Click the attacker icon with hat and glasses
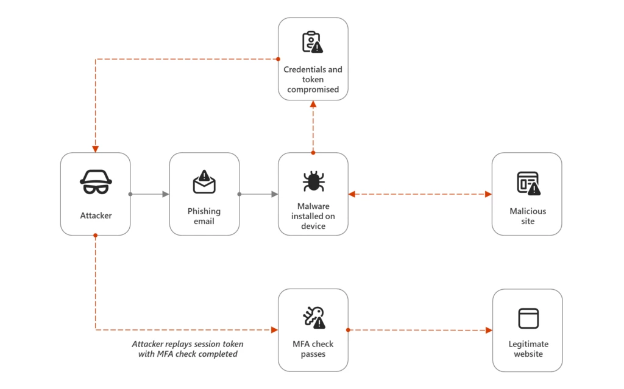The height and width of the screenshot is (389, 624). (x=96, y=181)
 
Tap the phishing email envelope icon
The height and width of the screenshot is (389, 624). (x=204, y=181)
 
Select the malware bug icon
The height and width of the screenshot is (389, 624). (x=313, y=181)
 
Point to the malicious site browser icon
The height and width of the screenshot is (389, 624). (x=528, y=183)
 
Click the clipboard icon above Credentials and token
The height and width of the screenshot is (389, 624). (x=313, y=42)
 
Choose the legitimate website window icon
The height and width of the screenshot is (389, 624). (x=528, y=318)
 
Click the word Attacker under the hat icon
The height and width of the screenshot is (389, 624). (x=96, y=216)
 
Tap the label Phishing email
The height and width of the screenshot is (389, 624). (x=204, y=216)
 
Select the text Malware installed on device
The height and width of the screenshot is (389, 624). (x=313, y=216)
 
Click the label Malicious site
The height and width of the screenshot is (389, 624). (x=528, y=216)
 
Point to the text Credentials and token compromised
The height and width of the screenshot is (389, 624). (x=313, y=79)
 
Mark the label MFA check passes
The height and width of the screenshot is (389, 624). (x=313, y=349)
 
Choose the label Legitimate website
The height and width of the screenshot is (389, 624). (x=528, y=349)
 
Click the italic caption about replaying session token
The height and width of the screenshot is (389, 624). (x=185, y=349)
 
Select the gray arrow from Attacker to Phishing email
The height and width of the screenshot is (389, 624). (x=150, y=194)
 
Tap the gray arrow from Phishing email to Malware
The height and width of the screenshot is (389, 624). (x=259, y=194)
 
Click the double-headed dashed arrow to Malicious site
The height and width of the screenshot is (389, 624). (x=420, y=194)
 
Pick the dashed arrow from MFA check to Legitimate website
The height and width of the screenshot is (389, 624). (x=420, y=330)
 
